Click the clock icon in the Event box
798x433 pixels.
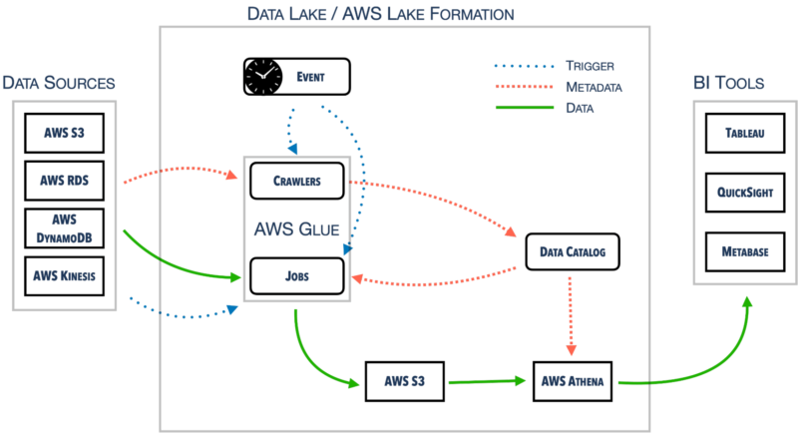(263, 76)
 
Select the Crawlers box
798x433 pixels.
(297, 181)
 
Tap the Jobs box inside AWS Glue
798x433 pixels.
(297, 276)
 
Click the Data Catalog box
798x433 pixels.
(573, 251)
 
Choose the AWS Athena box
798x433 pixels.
(573, 381)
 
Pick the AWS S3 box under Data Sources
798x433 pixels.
(64, 134)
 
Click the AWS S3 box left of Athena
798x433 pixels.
(405, 381)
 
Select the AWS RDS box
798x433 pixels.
(64, 181)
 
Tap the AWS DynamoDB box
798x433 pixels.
(64, 228)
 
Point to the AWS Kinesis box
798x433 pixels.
(64, 276)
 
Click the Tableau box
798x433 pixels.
(745, 134)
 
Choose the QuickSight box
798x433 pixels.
(745, 193)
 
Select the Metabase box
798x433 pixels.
(745, 251)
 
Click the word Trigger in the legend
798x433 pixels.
(590, 66)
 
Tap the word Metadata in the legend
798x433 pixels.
(594, 88)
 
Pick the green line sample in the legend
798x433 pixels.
(525, 108)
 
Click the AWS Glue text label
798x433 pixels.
(296, 228)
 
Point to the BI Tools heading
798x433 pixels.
(729, 83)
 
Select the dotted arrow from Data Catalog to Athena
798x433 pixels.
(571, 315)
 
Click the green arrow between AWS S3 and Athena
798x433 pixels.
(487, 381)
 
